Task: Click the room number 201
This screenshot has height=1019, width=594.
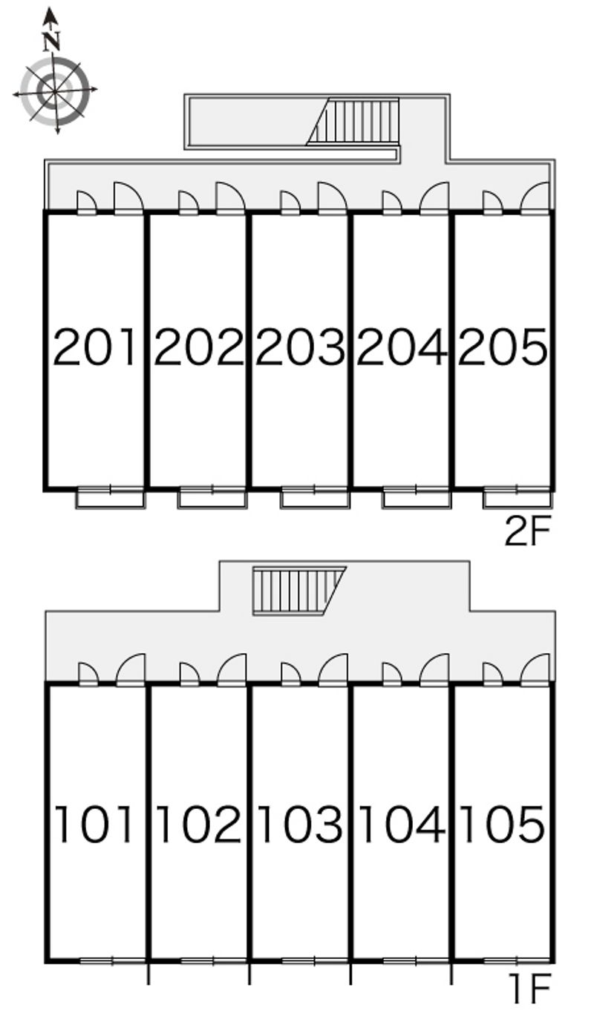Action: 95,347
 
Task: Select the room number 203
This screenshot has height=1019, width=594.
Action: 301,347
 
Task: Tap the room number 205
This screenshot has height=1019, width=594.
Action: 503,347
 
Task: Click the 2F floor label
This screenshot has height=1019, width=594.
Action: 527,531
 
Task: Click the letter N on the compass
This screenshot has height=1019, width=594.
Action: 52,42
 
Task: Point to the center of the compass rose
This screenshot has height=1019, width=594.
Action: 55,91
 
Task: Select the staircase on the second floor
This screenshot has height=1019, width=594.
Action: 353,121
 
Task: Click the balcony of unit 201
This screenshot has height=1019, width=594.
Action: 110,498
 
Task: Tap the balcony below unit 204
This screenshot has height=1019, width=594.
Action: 417,498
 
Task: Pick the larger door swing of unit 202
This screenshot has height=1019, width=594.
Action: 231,197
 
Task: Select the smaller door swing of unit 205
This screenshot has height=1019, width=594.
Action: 492,203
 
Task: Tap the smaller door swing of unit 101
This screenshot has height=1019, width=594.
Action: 88,674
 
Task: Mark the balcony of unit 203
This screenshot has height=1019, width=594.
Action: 315,498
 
